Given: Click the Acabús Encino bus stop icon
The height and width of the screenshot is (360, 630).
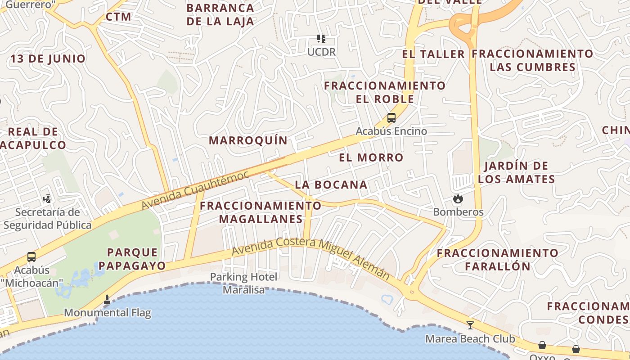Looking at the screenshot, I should click(391, 118).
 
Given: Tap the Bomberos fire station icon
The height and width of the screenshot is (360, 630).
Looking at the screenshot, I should click(458, 199).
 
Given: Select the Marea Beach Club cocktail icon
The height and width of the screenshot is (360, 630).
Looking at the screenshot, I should click(470, 325).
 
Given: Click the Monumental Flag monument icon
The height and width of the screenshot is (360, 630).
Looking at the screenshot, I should click(107, 300).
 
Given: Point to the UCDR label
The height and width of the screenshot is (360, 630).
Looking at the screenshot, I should click(321, 52).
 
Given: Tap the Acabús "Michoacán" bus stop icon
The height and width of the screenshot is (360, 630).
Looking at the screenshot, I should click(31, 257).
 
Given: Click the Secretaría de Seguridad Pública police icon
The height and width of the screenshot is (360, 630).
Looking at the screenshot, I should click(47, 198).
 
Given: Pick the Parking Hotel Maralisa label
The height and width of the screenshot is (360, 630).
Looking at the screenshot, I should click(244, 283).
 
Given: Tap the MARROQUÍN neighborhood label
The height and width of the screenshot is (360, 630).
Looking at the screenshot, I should click(248, 140).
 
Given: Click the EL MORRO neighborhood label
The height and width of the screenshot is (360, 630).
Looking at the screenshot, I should click(371, 157).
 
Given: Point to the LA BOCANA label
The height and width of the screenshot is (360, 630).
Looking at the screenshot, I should click(331, 185).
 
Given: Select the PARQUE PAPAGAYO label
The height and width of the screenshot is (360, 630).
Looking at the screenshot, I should click(132, 259).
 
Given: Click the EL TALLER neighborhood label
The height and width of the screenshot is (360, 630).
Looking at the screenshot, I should click(433, 54).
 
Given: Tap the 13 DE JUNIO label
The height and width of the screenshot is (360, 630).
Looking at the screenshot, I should click(48, 59).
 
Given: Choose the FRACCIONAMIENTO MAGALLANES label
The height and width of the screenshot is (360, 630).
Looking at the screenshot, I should click(261, 212).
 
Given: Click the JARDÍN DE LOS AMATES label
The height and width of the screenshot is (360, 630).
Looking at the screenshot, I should click(517, 172).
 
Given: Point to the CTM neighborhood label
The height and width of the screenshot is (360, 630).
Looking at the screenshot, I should click(119, 17).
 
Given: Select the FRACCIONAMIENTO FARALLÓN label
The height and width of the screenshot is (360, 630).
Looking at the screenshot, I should click(498, 259).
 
